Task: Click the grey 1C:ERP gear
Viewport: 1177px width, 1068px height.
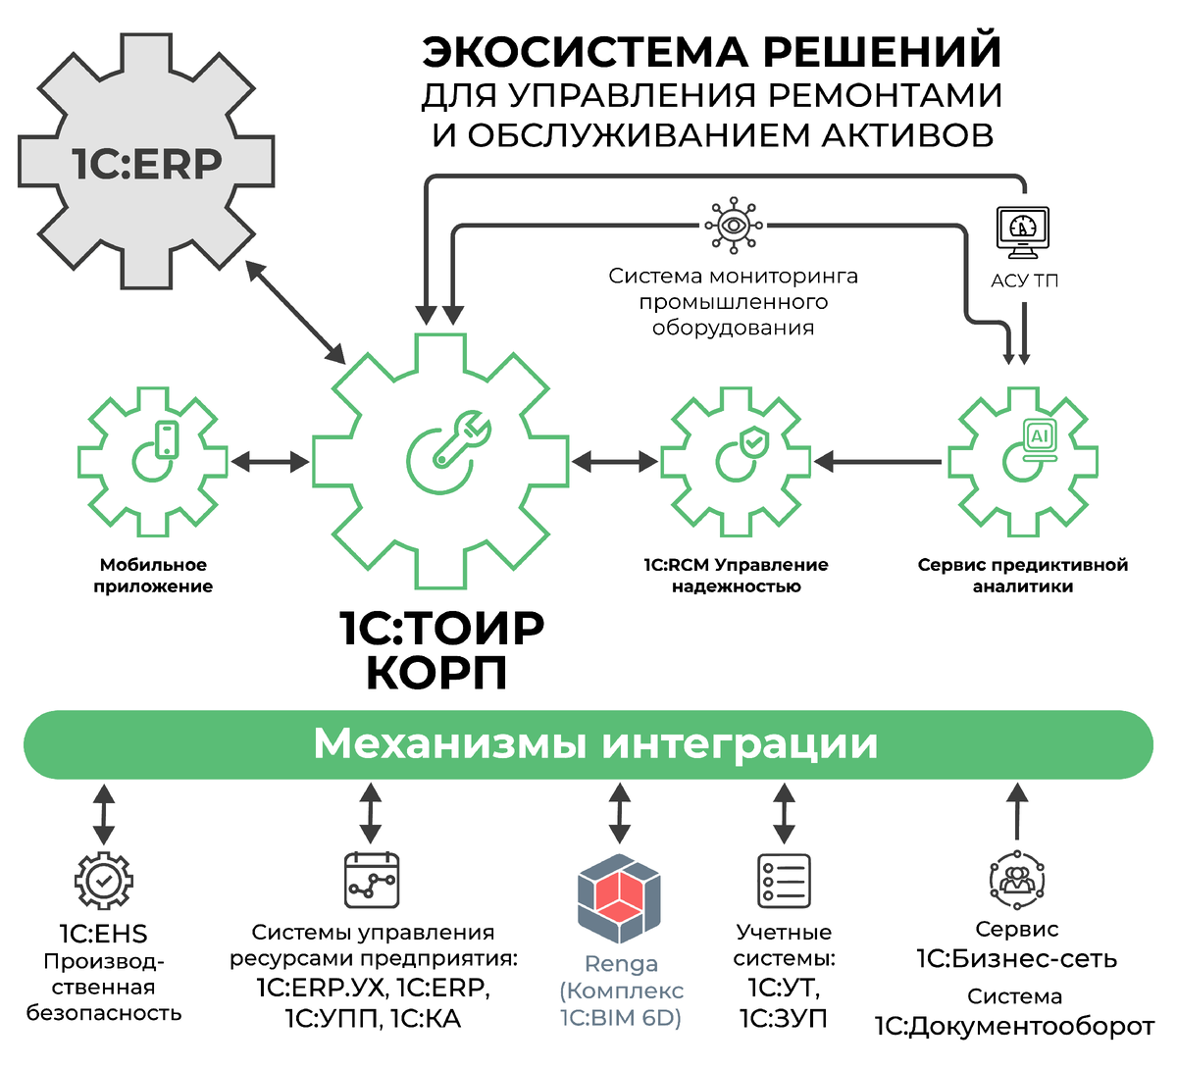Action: click(x=146, y=163)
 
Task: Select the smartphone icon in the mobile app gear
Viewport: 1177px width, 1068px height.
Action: click(x=168, y=438)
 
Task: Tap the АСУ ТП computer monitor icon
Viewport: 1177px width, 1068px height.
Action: click(x=1023, y=230)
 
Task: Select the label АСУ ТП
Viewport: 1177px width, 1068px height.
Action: click(x=1024, y=280)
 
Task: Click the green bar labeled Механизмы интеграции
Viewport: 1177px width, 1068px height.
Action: click(x=588, y=744)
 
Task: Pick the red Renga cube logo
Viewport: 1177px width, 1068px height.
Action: click(x=619, y=897)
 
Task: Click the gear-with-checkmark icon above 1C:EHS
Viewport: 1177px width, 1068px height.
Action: click(x=104, y=880)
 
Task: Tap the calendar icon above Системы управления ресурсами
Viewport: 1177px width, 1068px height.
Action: click(x=371, y=880)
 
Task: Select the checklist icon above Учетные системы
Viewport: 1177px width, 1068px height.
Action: click(x=784, y=880)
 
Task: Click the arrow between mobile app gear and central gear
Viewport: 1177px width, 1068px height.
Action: click(x=270, y=461)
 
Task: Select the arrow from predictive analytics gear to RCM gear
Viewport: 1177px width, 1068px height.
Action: click(x=878, y=461)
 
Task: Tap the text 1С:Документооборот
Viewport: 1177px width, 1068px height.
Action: click(x=1014, y=1027)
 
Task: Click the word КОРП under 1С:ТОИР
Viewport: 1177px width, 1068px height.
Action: click(x=437, y=673)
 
